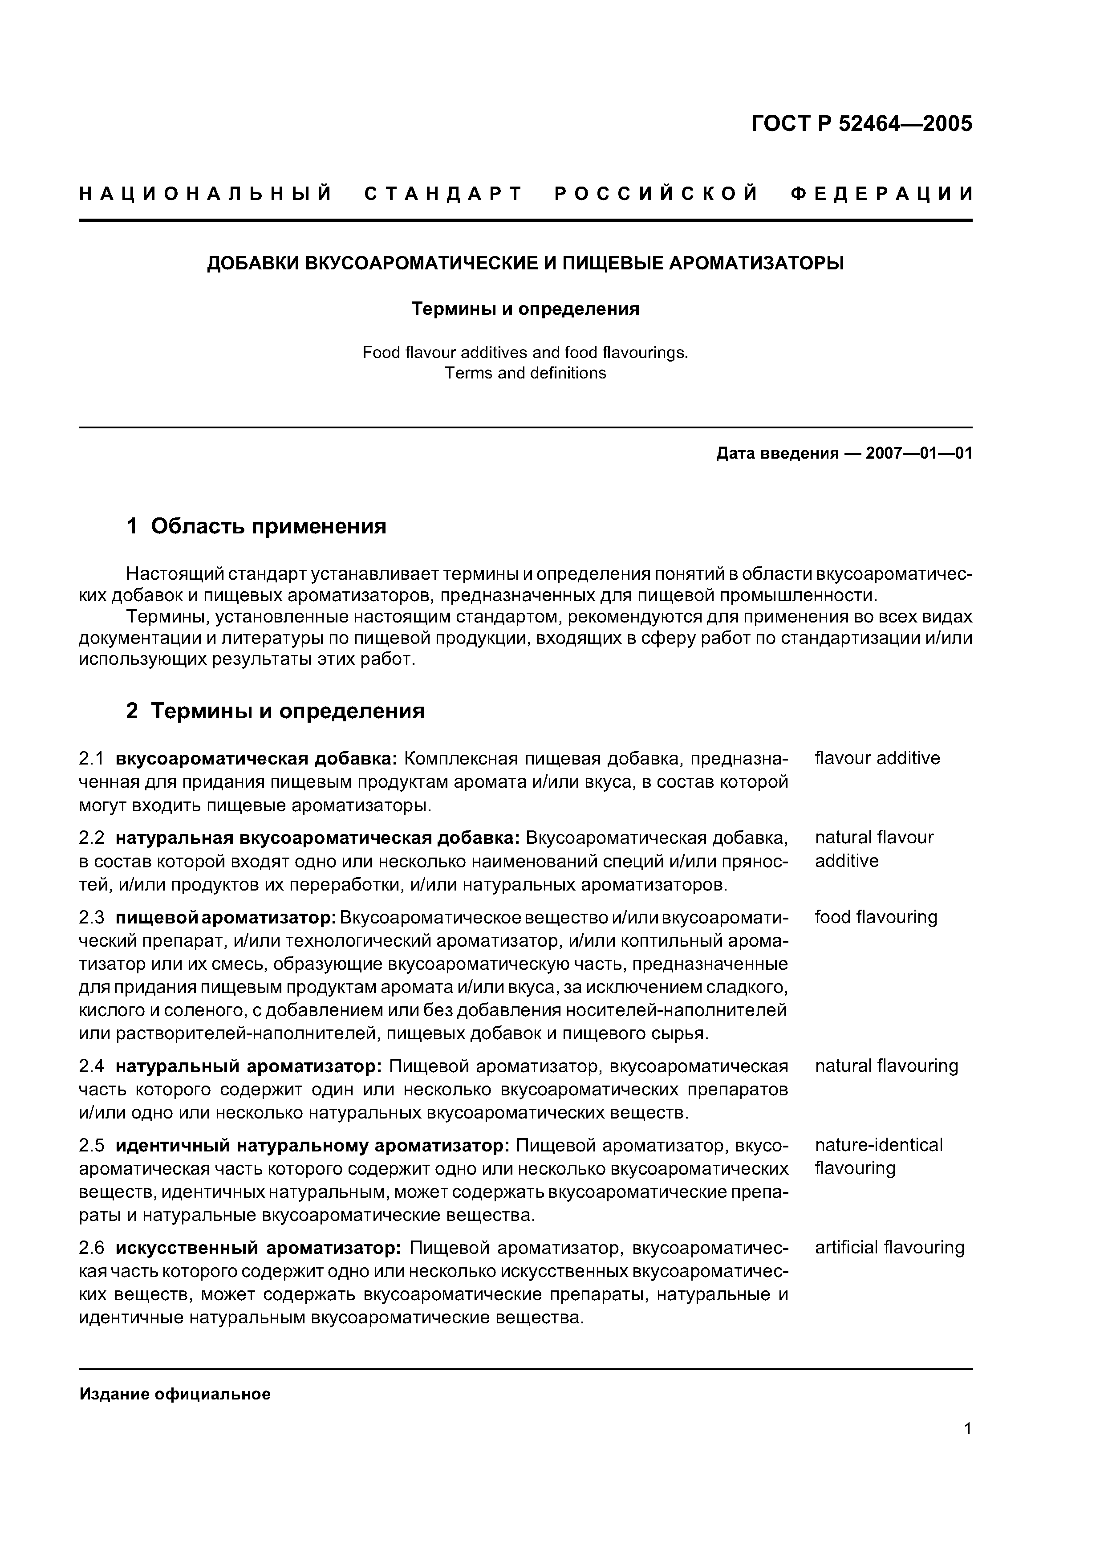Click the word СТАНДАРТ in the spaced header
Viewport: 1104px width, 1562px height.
tap(443, 195)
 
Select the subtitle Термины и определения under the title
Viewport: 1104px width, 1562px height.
tap(525, 309)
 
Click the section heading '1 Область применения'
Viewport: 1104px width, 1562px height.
tap(256, 526)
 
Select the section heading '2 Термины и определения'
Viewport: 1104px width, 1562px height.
tap(276, 711)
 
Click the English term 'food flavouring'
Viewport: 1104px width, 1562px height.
tap(876, 917)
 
